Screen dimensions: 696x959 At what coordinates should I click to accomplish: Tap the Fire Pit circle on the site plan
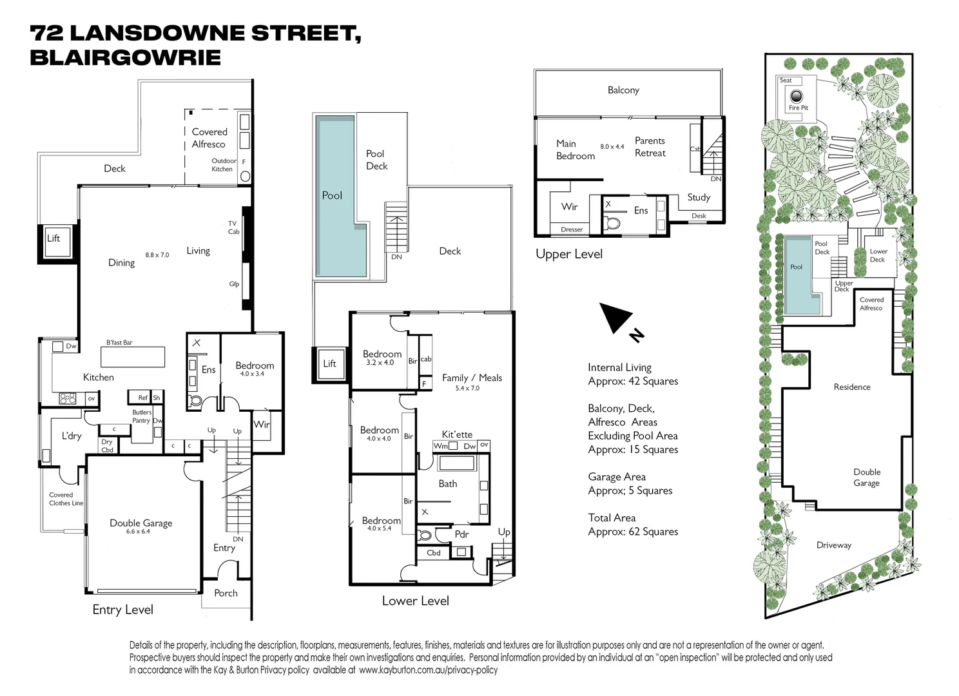click(797, 97)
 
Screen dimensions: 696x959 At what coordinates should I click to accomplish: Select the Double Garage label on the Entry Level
click(140, 523)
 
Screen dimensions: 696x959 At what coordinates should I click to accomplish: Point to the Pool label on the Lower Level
click(332, 195)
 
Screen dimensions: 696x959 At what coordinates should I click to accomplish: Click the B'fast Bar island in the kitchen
click(132, 356)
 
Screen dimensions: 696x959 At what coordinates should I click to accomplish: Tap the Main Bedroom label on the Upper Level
click(576, 150)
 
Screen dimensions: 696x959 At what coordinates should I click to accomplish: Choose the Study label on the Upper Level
click(699, 197)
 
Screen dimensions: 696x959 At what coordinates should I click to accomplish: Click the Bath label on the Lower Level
click(448, 484)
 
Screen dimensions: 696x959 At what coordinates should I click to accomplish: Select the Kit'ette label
click(457, 434)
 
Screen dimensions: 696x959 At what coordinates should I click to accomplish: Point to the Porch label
click(226, 593)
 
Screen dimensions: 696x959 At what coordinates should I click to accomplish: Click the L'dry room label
click(72, 436)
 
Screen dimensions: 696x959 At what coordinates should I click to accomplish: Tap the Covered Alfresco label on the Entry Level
click(209, 138)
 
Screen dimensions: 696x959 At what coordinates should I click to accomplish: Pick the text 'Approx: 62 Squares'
click(633, 532)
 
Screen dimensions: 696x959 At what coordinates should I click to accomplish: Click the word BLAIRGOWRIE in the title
click(126, 57)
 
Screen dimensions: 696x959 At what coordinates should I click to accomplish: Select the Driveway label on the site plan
click(834, 545)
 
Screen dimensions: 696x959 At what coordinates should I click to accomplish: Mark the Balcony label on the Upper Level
click(623, 90)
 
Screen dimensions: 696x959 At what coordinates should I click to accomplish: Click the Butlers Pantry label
click(141, 416)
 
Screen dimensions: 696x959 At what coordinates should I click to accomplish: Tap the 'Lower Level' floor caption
click(415, 601)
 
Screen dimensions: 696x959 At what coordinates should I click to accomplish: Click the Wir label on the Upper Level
click(569, 207)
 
